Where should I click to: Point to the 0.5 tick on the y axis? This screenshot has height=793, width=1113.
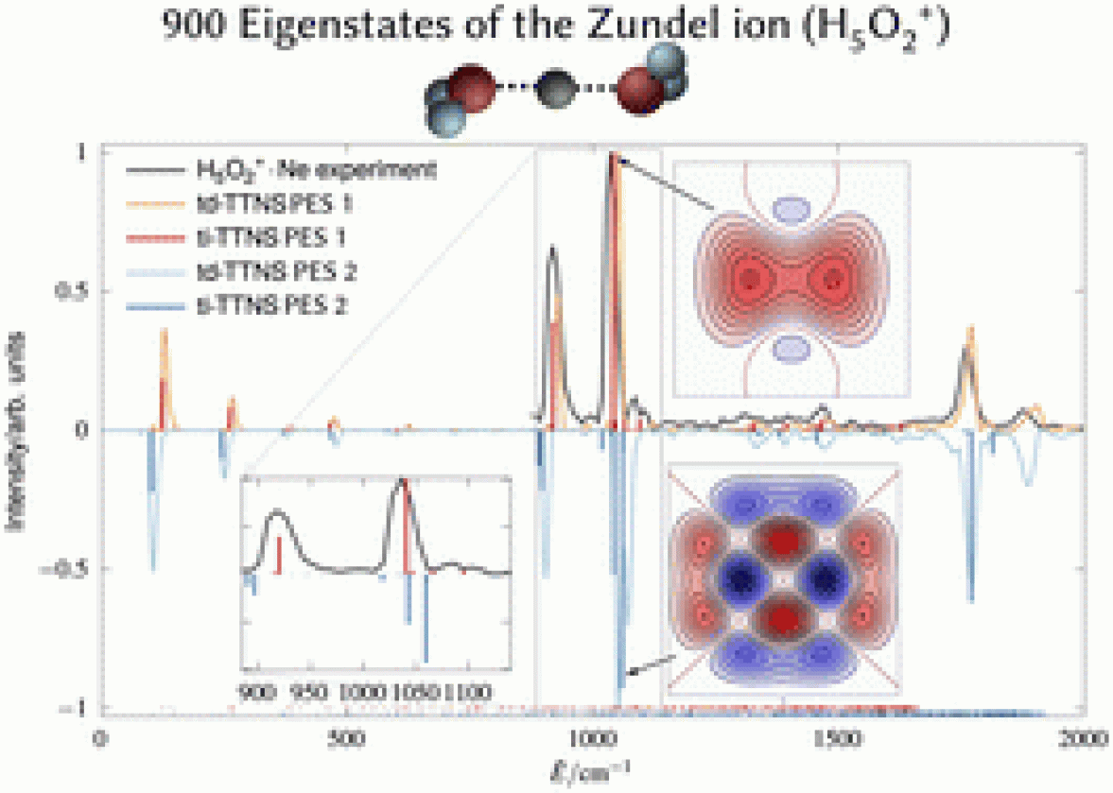pyautogui.click(x=74, y=291)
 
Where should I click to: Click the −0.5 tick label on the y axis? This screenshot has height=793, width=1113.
pyautogui.click(x=69, y=569)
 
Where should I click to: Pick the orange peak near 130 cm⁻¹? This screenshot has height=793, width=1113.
pyautogui.click(x=164, y=333)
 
